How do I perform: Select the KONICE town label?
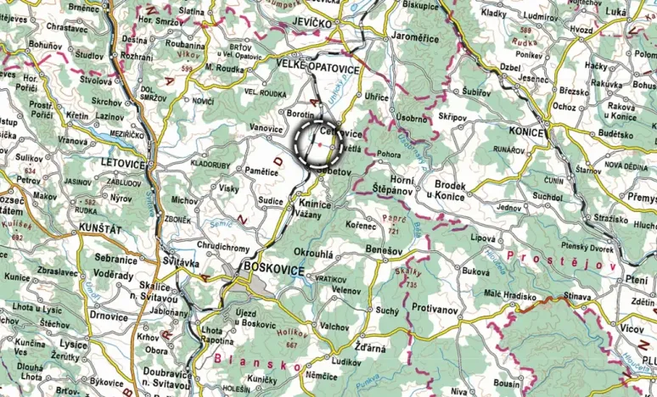(531, 132)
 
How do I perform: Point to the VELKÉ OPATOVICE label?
(318, 67)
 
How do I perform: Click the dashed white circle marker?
(318, 143)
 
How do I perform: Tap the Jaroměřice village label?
(416, 38)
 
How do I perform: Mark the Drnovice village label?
(109, 316)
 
